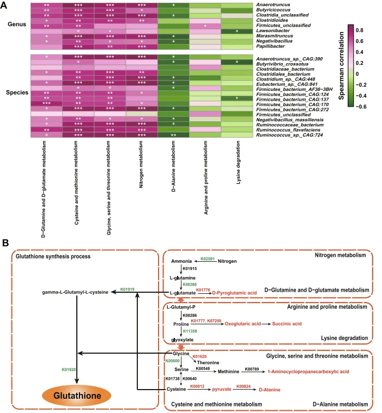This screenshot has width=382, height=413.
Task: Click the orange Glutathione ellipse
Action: (x=76, y=396)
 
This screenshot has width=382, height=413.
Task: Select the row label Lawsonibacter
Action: (x=273, y=30)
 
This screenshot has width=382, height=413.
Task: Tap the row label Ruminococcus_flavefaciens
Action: (x=288, y=130)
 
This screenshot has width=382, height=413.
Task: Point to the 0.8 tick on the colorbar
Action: (x=359, y=30)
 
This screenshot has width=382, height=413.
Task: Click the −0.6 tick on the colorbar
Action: (x=360, y=107)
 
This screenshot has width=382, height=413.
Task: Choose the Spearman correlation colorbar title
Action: (x=341, y=66)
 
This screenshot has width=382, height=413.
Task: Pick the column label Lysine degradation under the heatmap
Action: (x=238, y=162)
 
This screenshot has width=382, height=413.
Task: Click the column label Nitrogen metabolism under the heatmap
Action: (x=141, y=164)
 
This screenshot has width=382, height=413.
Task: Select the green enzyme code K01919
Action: (x=127, y=289)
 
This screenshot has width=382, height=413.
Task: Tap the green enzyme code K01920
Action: (x=69, y=369)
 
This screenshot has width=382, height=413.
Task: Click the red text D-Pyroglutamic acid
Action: (x=234, y=293)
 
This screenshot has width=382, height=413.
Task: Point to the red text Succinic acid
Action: (x=287, y=324)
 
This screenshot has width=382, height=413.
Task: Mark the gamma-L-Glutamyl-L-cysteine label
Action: (x=75, y=292)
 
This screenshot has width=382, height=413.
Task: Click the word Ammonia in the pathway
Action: (x=181, y=261)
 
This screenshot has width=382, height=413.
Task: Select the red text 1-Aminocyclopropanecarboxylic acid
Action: (x=308, y=372)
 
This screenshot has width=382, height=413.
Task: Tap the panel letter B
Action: (x=5, y=243)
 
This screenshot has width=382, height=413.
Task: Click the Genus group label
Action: (x=17, y=24)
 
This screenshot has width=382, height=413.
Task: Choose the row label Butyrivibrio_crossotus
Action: (x=282, y=64)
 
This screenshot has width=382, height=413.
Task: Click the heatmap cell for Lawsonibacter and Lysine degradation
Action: (x=237, y=31)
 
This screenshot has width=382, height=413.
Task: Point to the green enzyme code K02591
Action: (x=208, y=259)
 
